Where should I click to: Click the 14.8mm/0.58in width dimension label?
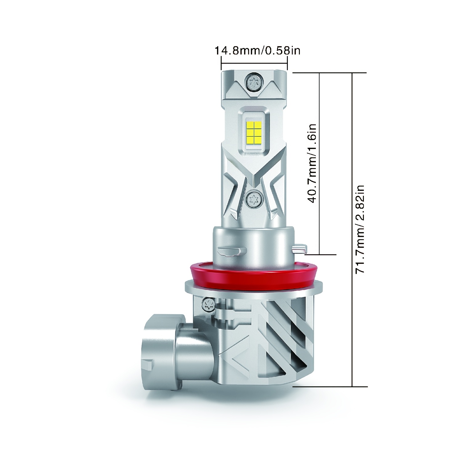click(x=257, y=50)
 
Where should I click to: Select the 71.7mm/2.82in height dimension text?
click(x=359, y=229)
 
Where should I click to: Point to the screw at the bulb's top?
click(x=254, y=81)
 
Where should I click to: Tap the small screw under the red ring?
click(x=207, y=305)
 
